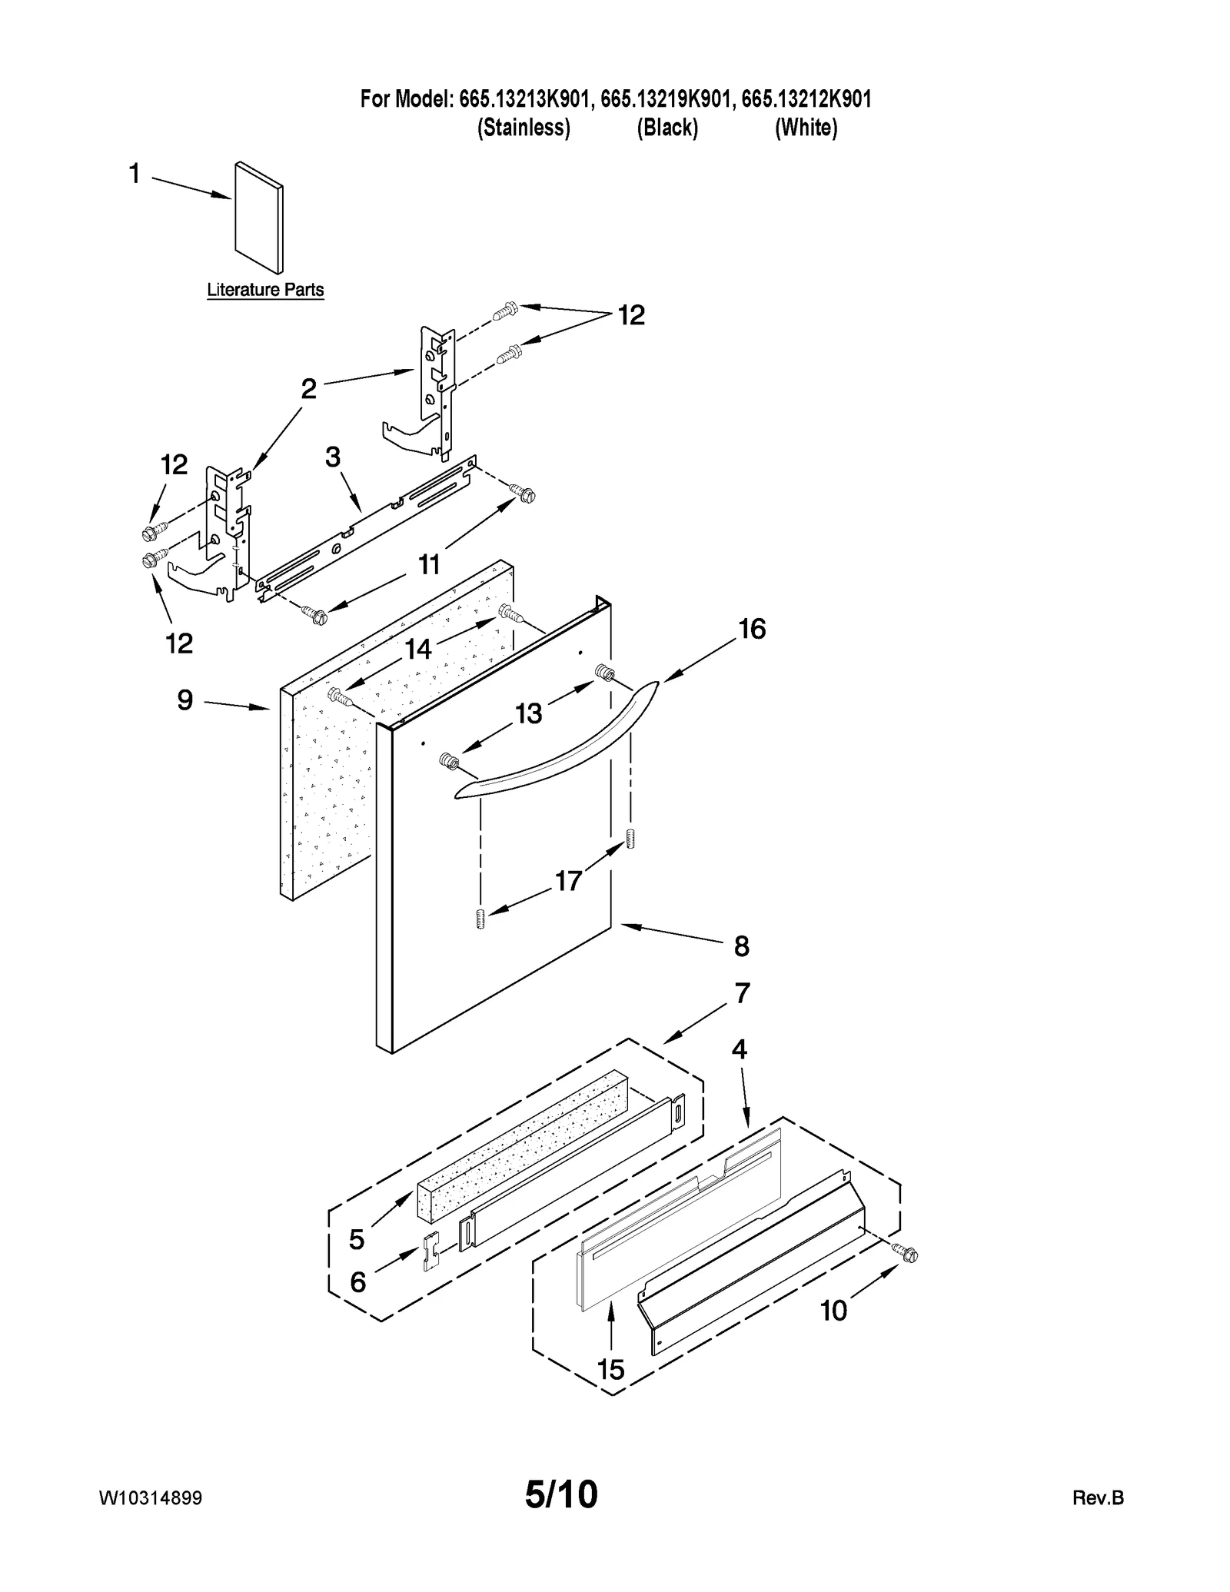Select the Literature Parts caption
click(265, 290)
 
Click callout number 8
click(741, 946)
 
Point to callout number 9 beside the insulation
click(185, 700)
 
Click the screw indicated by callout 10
click(908, 1255)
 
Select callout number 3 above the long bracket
click(332, 457)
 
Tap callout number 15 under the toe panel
click(611, 1369)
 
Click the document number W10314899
click(151, 1498)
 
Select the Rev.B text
click(1098, 1498)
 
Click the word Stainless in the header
click(524, 128)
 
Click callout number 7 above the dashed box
click(741, 993)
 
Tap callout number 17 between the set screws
click(568, 881)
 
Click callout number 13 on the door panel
click(529, 714)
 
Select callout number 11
click(429, 565)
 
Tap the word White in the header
click(806, 128)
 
